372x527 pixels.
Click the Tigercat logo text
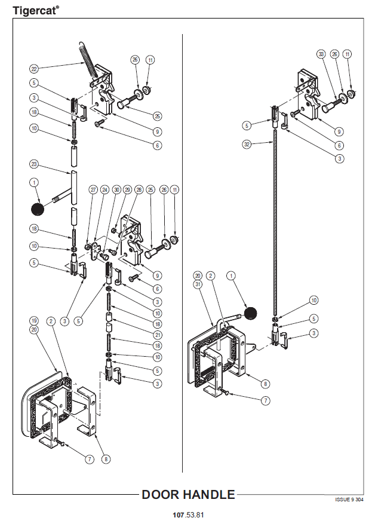(x=35, y=10)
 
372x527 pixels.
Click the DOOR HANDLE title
(x=188, y=495)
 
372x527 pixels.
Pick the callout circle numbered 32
(x=246, y=144)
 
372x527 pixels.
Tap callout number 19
(x=34, y=320)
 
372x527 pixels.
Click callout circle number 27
(x=93, y=190)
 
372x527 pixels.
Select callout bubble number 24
(x=104, y=190)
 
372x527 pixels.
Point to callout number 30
(x=117, y=190)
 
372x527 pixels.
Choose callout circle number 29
(x=127, y=190)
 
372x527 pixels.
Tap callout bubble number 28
(x=139, y=190)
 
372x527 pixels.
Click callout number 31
(x=198, y=284)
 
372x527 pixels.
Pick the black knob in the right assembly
(x=250, y=313)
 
